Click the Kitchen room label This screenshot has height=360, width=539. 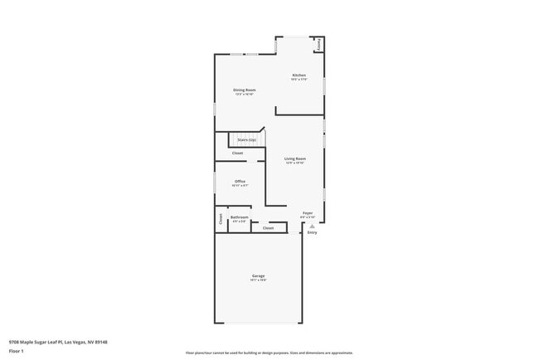pyautogui.click(x=299, y=75)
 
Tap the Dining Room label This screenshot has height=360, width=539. pyautogui.click(x=244, y=90)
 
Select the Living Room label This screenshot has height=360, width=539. pyautogui.click(x=295, y=158)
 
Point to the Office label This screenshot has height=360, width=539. pyautogui.click(x=240, y=181)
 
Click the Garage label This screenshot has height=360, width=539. pyautogui.click(x=259, y=275)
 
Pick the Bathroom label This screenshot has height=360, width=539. pyautogui.click(x=240, y=217)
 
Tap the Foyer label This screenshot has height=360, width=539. pyautogui.click(x=308, y=213)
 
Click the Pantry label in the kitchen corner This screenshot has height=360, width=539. pyautogui.click(x=319, y=45)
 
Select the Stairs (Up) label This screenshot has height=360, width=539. pyautogui.click(x=247, y=139)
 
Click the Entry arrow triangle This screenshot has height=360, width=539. pyautogui.click(x=312, y=226)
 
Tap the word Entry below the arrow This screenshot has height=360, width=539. pyautogui.click(x=312, y=233)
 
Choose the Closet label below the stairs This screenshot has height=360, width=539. pyautogui.click(x=237, y=153)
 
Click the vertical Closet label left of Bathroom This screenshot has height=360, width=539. pyautogui.click(x=221, y=219)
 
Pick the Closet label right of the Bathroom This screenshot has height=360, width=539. pyautogui.click(x=268, y=228)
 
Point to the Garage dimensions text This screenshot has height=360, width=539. pyautogui.click(x=259, y=280)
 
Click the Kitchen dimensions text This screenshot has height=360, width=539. pyautogui.click(x=299, y=80)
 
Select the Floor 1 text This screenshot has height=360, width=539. pyautogui.click(x=16, y=351)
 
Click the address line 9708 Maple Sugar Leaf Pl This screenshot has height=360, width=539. pyautogui.click(x=58, y=342)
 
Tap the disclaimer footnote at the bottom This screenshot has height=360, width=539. pyautogui.click(x=269, y=353)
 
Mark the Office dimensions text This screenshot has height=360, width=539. pyautogui.click(x=240, y=186)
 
